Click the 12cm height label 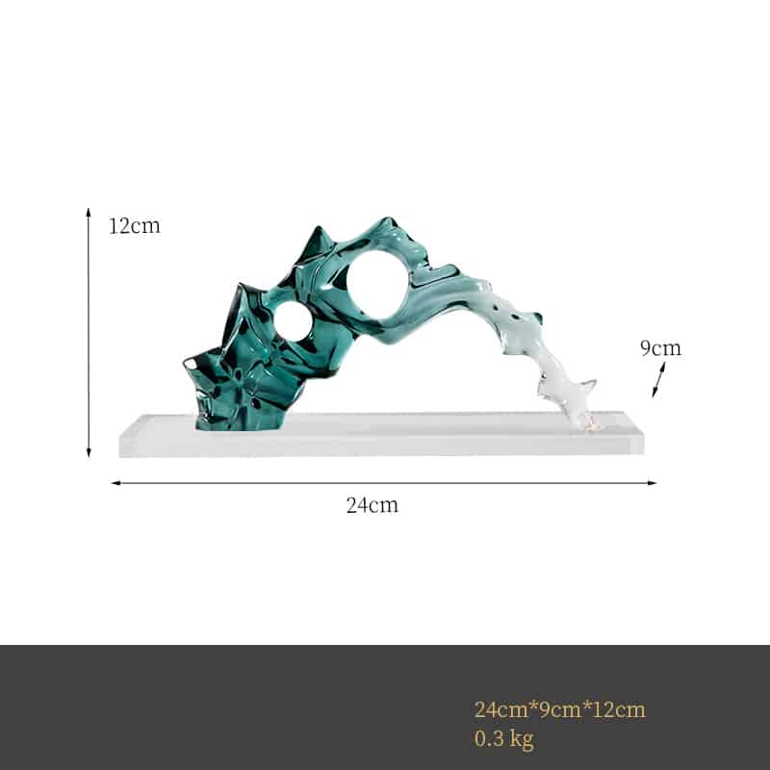(135, 226)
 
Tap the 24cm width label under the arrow (372, 504)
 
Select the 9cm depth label (660, 347)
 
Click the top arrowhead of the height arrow (89, 212)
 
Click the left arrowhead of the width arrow (115, 483)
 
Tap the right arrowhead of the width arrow (653, 483)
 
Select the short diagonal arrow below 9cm (658, 379)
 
